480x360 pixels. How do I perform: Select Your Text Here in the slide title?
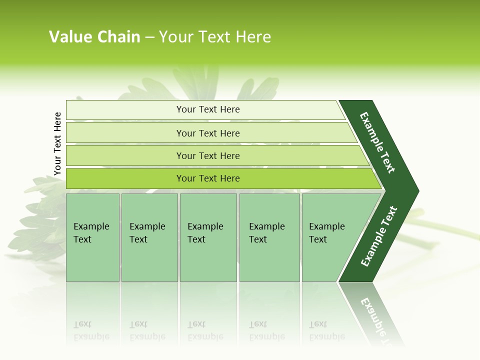pos(215,37)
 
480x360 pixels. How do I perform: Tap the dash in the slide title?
pos(149,37)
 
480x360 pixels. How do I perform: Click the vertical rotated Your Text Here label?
pos(57,143)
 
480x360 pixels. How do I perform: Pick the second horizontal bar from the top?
pos(208,133)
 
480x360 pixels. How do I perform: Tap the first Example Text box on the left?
pos(92,237)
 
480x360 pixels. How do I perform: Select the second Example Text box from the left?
pos(149,237)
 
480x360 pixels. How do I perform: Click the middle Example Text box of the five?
pos(208,237)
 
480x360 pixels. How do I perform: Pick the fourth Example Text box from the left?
pos(269,237)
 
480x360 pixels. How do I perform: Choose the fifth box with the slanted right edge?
pos(330,237)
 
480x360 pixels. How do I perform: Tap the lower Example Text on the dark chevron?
pos(379,236)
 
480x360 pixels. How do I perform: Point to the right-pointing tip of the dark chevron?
pos(416,191)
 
